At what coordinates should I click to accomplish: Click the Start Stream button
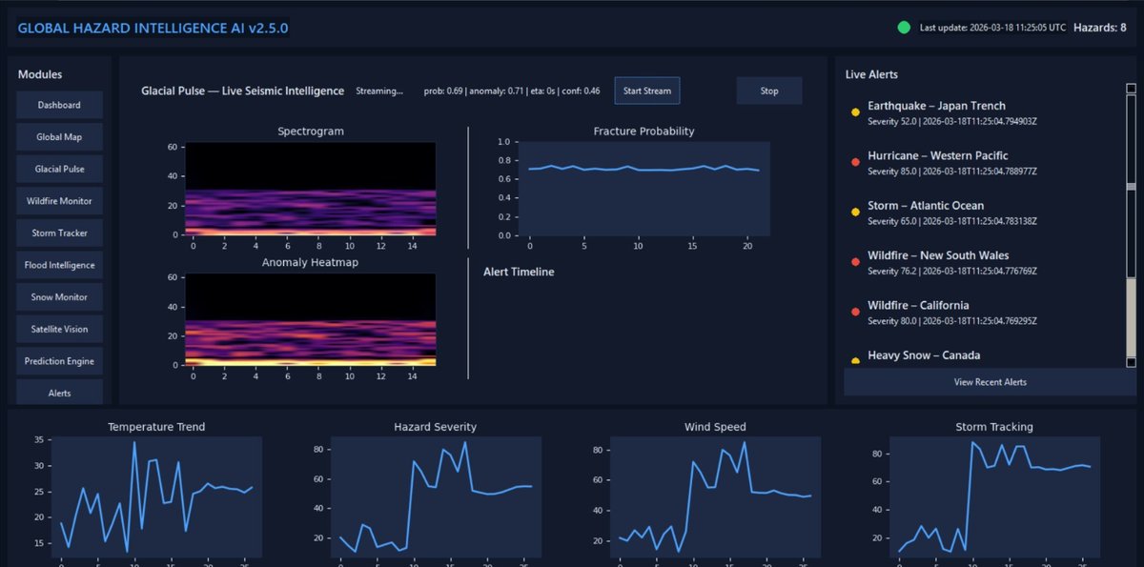(646, 91)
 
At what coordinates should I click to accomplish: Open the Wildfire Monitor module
(59, 201)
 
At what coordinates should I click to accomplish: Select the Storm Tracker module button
(59, 233)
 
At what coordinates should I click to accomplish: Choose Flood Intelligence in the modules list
(59, 265)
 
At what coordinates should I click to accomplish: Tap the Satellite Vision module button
(59, 329)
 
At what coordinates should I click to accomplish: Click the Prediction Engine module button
(59, 361)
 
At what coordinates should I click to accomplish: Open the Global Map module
(59, 137)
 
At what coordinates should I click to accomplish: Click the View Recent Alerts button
(990, 382)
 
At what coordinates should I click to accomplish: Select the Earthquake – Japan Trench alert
(936, 106)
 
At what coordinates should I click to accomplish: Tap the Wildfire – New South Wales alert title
(938, 255)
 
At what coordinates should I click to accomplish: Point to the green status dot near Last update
(904, 28)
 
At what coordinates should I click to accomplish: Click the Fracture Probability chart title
(643, 131)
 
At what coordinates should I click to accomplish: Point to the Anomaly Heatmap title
(310, 262)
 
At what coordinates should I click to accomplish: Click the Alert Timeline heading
(519, 272)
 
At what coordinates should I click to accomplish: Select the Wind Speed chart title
(715, 427)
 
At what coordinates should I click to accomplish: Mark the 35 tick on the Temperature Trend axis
(38, 440)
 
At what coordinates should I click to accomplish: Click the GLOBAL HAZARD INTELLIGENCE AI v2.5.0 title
(153, 28)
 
